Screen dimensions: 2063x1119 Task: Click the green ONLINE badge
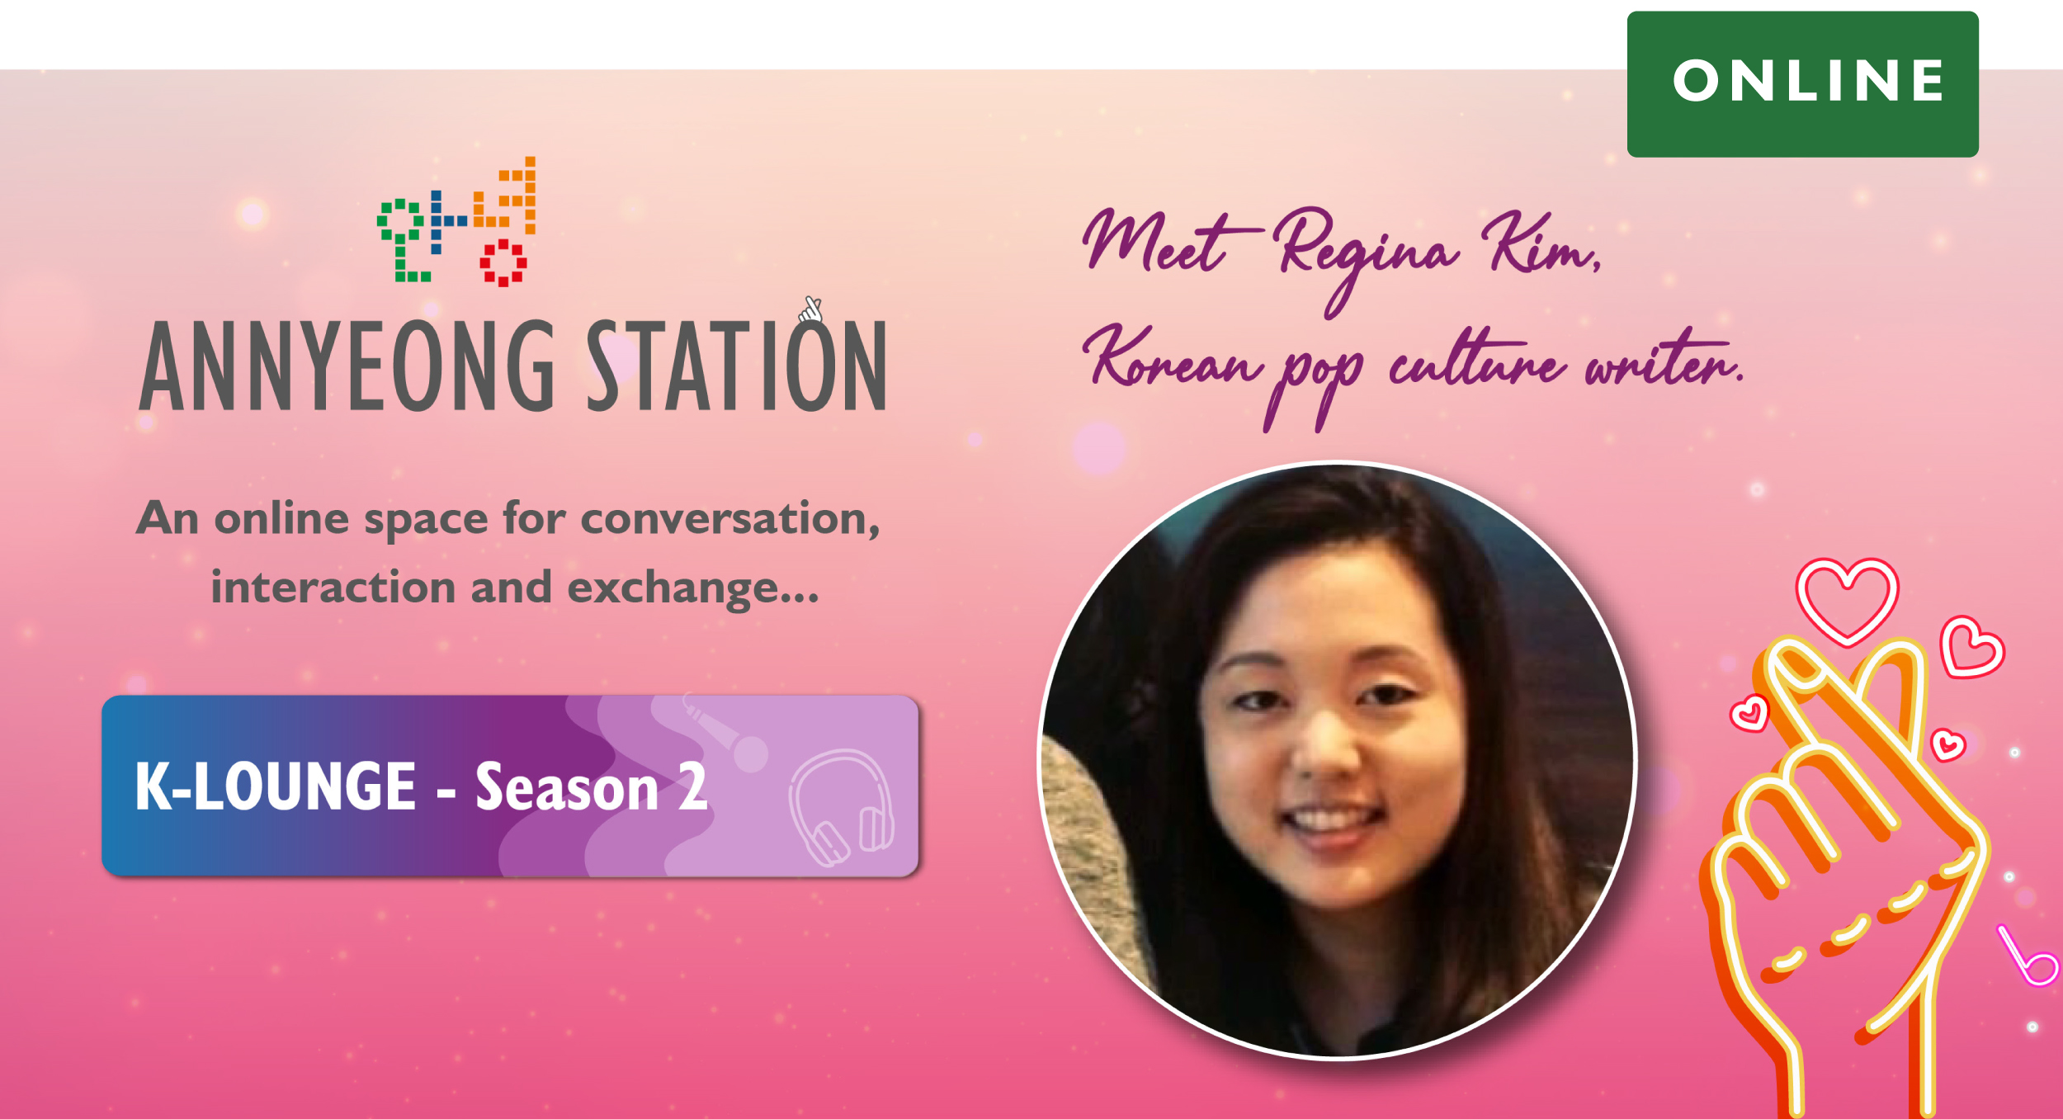click(x=1802, y=83)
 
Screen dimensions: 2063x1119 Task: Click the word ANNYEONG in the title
click(x=347, y=366)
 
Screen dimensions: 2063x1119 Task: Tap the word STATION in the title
click(x=736, y=365)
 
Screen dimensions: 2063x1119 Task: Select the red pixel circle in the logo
click(x=503, y=263)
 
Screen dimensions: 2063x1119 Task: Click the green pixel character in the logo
click(x=402, y=240)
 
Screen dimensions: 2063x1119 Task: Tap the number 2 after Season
click(x=693, y=786)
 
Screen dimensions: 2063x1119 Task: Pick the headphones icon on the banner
click(x=841, y=808)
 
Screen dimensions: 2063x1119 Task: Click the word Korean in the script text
click(x=1172, y=359)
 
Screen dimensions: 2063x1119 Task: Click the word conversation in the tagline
click(x=730, y=519)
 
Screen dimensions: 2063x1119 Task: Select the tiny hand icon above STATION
click(x=811, y=309)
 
